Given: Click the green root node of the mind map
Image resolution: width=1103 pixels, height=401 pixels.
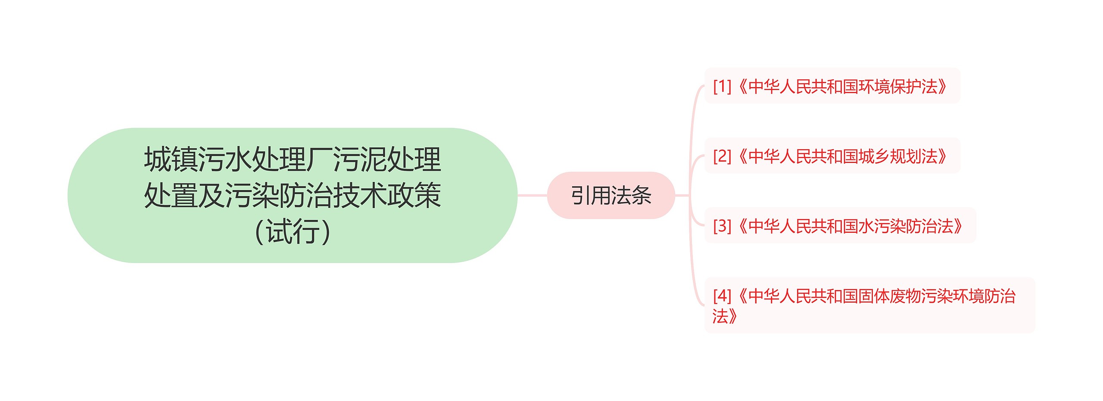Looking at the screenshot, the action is tap(292, 195).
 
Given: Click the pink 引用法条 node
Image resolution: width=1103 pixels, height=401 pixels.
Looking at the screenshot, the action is tap(611, 195).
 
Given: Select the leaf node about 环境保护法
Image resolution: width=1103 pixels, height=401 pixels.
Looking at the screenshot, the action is tap(832, 86).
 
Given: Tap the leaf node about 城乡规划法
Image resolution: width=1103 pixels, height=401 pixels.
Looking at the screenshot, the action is tap(832, 156).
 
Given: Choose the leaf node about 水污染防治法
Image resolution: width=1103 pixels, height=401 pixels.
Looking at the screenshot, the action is tap(839, 226).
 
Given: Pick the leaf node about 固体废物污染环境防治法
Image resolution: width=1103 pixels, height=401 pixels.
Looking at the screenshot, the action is tap(869, 305).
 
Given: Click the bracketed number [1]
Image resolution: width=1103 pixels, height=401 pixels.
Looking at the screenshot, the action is tap(722, 86).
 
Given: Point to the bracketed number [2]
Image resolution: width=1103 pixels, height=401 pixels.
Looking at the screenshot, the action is tap(722, 156).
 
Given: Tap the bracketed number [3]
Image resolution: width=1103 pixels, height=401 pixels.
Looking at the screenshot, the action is tap(722, 226).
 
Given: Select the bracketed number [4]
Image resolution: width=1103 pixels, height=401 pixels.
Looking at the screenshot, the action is tap(722, 296).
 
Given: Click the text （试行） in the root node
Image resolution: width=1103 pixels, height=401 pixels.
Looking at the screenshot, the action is tap(292, 232).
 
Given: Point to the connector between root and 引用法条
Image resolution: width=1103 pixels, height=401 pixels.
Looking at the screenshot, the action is tap(532, 195).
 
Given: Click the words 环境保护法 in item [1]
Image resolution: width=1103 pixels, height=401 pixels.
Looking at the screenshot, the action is tap(898, 86).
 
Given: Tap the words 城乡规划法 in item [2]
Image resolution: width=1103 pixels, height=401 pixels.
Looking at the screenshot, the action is tap(898, 156).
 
